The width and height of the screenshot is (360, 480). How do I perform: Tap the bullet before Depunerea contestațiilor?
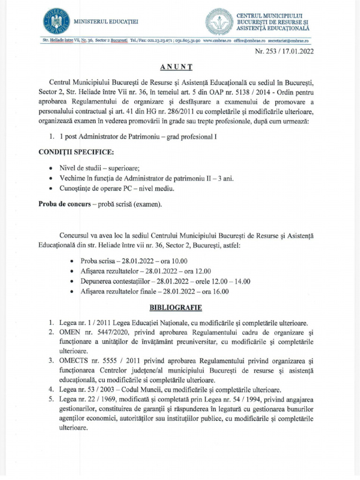pyautogui.click(x=71, y=281)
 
